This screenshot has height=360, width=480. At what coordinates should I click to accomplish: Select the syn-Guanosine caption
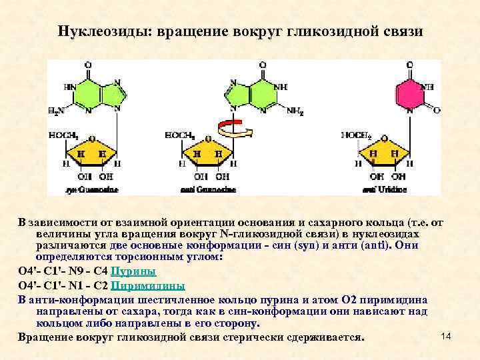pyautogui.click(x=92, y=189)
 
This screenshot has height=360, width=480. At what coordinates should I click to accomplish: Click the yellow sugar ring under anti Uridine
pyautogui.click(x=385, y=153)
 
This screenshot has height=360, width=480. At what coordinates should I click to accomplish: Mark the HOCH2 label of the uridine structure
pyautogui.click(x=357, y=135)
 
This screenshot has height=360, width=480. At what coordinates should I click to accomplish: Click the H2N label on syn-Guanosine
pyautogui.click(x=57, y=111)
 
